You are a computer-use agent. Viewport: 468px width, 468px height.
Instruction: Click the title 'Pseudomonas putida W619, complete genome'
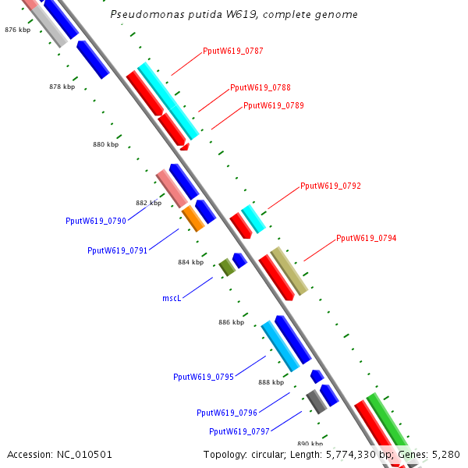tap(234, 15)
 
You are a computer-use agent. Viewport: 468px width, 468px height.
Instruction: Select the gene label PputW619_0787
tap(232, 51)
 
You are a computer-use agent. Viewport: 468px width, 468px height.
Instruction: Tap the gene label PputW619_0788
tap(260, 88)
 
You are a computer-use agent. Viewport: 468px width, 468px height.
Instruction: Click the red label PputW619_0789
tap(273, 105)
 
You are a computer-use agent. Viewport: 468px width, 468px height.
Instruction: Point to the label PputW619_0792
tap(330, 186)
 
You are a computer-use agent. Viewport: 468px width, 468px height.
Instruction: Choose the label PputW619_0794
tap(366, 238)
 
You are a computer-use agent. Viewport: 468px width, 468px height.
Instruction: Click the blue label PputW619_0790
tap(95, 222)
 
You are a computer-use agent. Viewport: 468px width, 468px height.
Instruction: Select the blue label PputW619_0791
tap(117, 251)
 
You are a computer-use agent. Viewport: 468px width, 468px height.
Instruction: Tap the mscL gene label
tap(172, 298)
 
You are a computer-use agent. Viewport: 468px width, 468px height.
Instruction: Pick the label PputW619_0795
tap(203, 378)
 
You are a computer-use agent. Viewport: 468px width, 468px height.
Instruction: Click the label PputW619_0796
tap(226, 413)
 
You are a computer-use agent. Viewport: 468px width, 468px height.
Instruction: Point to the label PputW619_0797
tap(239, 431)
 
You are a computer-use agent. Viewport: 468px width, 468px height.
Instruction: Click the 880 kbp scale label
tap(105, 144)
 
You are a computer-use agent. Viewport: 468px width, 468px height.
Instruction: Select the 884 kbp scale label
tap(190, 263)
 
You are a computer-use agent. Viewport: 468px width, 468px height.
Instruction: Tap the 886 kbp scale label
tap(231, 322)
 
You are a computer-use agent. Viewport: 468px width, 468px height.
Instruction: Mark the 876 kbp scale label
tap(17, 30)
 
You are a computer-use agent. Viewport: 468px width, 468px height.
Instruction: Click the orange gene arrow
tap(193, 218)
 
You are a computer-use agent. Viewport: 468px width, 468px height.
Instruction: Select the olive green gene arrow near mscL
tap(227, 267)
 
